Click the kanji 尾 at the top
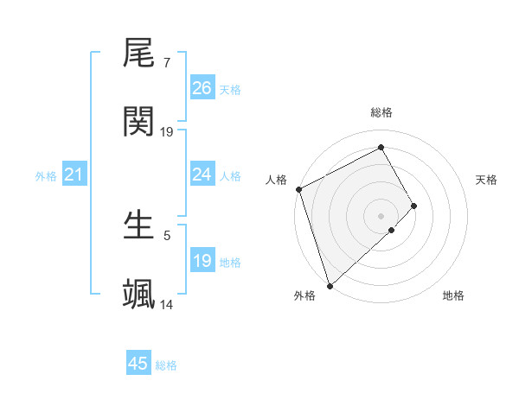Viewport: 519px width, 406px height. coord(138,54)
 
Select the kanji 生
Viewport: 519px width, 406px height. coord(138,225)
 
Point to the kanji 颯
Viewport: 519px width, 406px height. coord(138,294)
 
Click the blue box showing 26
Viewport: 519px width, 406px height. coord(202,88)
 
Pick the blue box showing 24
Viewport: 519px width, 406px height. coord(202,175)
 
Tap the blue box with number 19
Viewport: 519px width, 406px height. coord(202,261)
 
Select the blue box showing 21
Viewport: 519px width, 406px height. coord(74,175)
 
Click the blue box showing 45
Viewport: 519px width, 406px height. coord(138,364)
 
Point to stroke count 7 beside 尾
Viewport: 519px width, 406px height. coord(166,64)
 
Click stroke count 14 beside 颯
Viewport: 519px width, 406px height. coord(167,304)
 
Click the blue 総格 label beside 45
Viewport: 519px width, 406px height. coord(166,365)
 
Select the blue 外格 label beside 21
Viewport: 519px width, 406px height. coord(46,176)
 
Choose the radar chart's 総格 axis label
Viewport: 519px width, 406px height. coord(381,112)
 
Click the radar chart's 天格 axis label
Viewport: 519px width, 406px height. coord(487,180)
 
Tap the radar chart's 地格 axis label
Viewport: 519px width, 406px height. coord(453,296)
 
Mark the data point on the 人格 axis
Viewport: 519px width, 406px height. coord(298,189)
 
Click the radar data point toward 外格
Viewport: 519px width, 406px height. coord(329,284)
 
